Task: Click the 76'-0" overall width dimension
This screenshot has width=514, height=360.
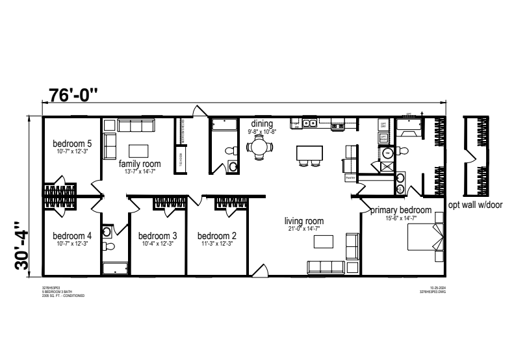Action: (x=73, y=95)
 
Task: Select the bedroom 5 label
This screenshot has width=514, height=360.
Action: (x=72, y=144)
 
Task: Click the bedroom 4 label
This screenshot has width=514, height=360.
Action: (x=72, y=236)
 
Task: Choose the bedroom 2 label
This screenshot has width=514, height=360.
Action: (x=217, y=236)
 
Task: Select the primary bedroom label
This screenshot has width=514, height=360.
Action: (x=401, y=210)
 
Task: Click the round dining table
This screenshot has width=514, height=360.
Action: (x=261, y=146)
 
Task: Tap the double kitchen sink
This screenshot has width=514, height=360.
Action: (x=307, y=122)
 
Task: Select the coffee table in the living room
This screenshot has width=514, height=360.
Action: (x=323, y=242)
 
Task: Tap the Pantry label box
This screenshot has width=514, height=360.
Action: (x=350, y=177)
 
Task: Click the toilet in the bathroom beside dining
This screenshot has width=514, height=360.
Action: (x=231, y=151)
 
